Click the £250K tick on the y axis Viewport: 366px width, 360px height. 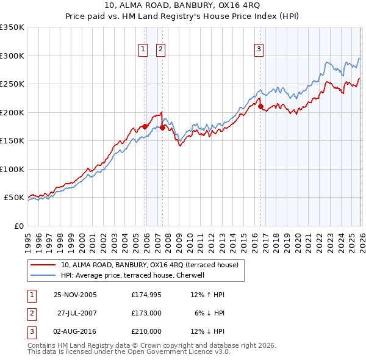click(12, 84)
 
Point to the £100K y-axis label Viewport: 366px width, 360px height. click(12, 169)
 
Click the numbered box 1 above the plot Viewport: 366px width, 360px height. click(143, 49)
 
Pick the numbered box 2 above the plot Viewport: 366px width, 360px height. click(160, 49)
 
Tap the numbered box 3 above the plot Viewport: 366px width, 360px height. click(259, 49)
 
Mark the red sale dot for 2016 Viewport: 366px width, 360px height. click(260, 107)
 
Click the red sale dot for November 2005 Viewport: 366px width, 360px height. click(145, 126)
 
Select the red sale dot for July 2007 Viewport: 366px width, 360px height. click(163, 128)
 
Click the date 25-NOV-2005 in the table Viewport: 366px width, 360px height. click(75, 295)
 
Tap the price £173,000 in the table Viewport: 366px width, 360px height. click(146, 313)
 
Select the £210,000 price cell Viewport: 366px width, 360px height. click(146, 331)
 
